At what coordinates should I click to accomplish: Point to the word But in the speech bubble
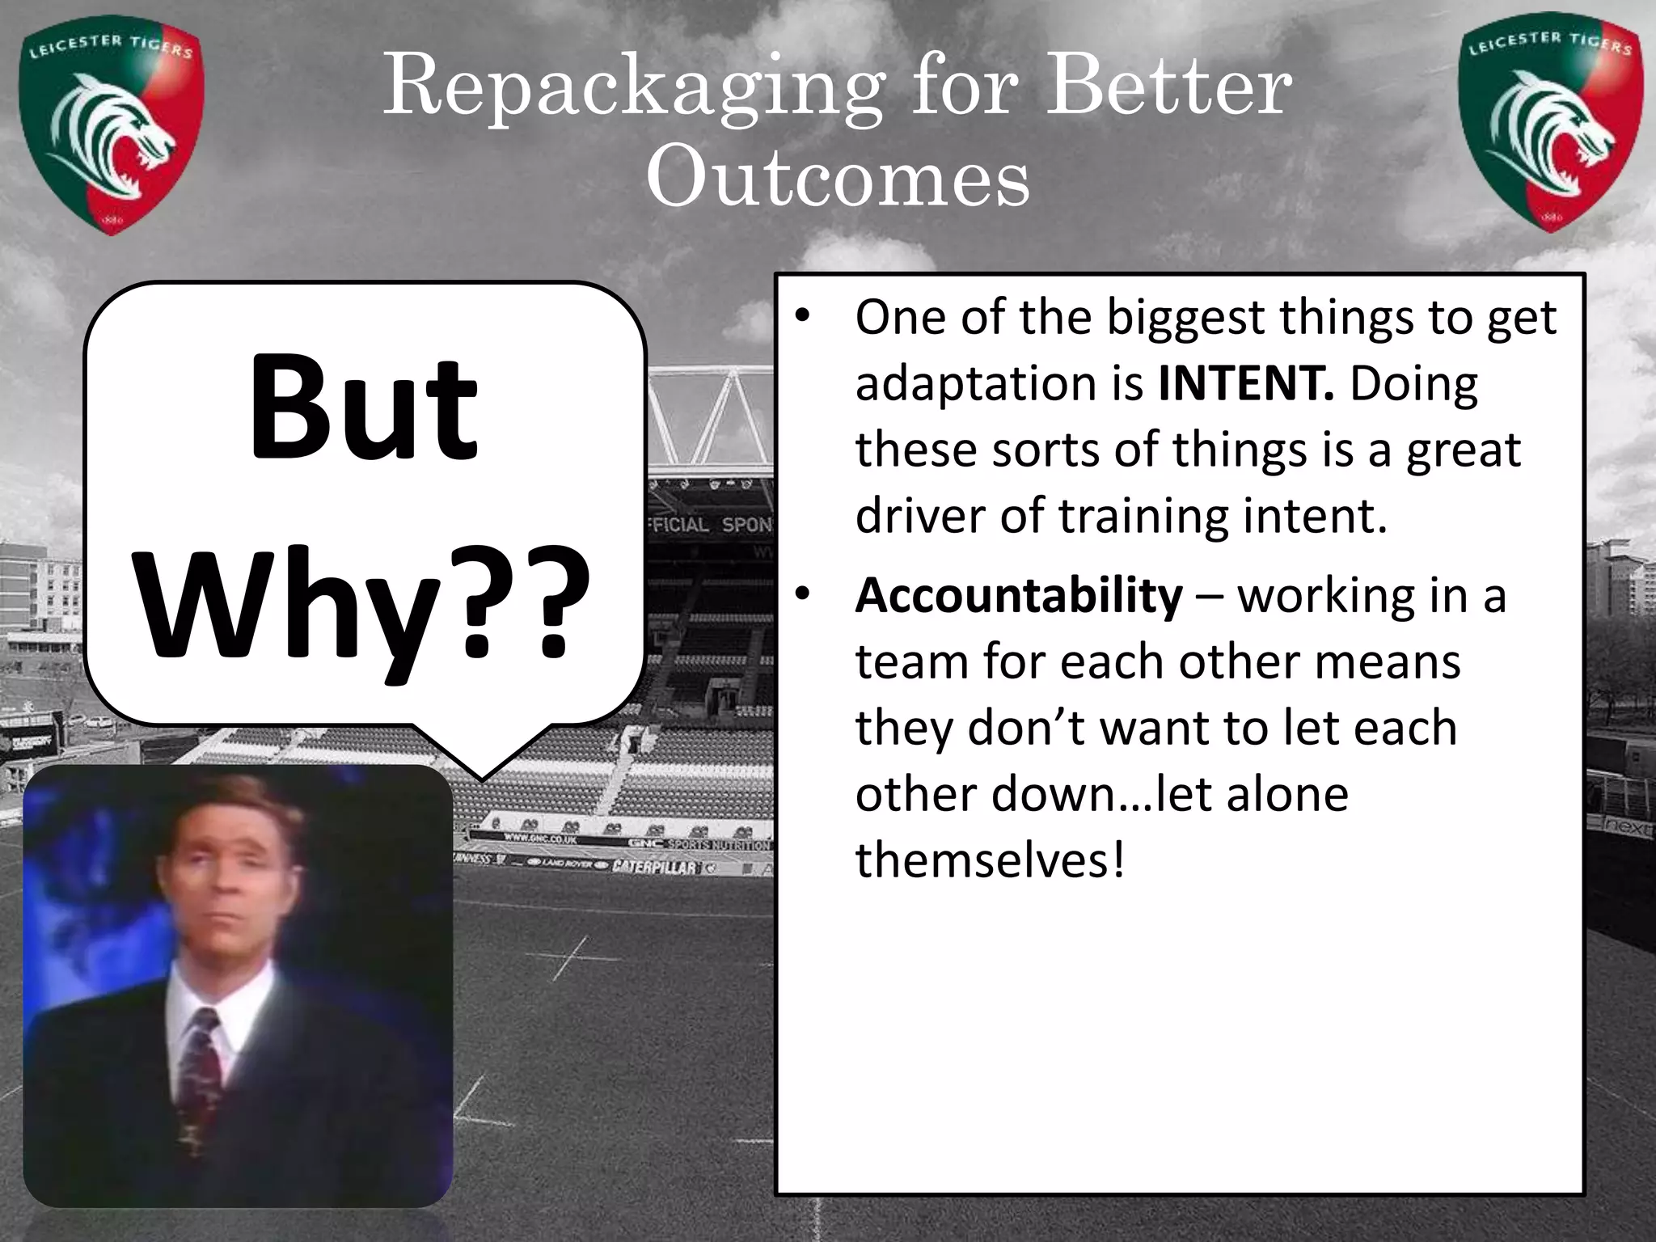[x=364, y=408]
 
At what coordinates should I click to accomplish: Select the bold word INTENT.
[x=1245, y=384]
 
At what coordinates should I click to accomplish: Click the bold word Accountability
[x=1019, y=596]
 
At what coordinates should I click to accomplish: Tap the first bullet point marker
[x=801, y=319]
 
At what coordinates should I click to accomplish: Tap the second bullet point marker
[x=801, y=596]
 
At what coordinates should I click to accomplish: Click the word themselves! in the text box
[x=990, y=860]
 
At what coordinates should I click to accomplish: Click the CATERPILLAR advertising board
[x=655, y=867]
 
